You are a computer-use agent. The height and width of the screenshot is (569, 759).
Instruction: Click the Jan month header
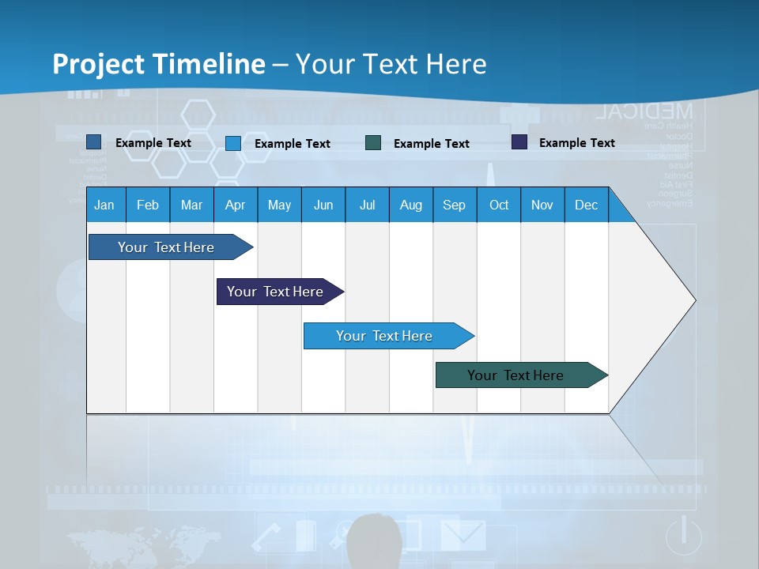coord(104,205)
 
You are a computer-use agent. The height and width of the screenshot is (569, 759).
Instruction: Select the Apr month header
coord(235,205)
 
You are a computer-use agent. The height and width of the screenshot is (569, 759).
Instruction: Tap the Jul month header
coord(367,205)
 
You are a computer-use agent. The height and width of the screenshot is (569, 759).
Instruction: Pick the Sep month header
coord(454,205)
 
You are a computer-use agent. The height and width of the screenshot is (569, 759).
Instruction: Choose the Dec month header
coord(586,205)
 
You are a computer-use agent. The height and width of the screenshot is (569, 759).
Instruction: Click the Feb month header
coord(148,205)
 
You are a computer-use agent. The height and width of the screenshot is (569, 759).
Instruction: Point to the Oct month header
coord(499,205)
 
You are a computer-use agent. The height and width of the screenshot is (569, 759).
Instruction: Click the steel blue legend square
coord(93,142)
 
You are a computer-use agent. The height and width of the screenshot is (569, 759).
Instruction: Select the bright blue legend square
coord(233,143)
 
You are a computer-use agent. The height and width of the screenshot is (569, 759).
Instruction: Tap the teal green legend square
coord(373,143)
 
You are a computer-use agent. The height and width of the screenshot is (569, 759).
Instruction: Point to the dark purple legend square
coord(519,142)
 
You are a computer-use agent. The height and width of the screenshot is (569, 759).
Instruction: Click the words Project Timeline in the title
coord(159,64)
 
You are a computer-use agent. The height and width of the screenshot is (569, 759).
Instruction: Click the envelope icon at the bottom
coord(463,535)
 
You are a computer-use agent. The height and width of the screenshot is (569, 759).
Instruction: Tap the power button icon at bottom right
coord(683,536)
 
